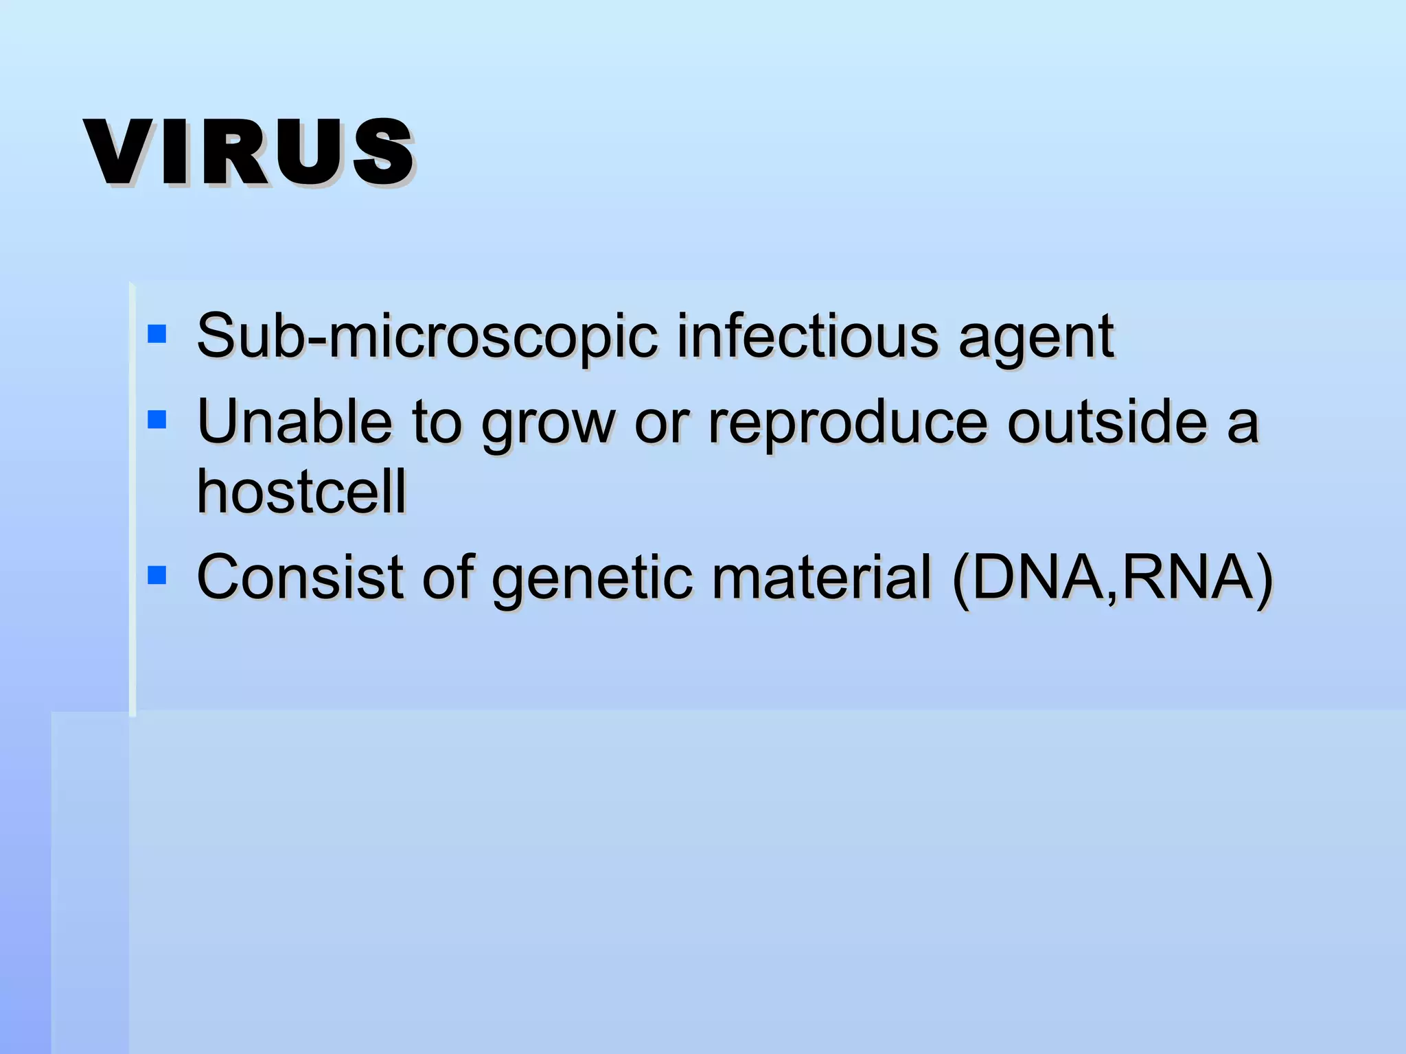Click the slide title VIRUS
coord(249,152)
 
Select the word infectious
coord(807,336)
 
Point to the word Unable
coord(295,421)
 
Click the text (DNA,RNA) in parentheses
coord(1112,579)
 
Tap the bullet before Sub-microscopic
coord(157,334)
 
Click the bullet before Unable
coord(157,419)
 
